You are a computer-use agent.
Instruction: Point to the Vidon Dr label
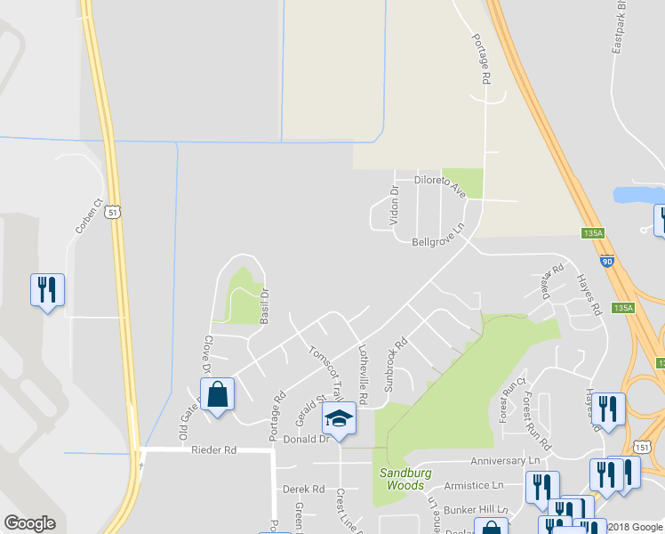tap(395, 205)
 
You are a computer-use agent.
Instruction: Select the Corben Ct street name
tap(89, 216)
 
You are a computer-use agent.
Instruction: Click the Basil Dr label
tap(263, 304)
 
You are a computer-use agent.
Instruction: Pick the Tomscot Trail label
tap(325, 371)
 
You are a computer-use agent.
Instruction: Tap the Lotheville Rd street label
tap(362, 371)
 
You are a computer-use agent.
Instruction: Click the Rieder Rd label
tap(213, 450)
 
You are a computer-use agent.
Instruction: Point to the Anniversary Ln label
tap(505, 460)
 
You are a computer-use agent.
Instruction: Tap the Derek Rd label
tap(303, 489)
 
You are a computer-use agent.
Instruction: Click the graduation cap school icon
tap(339, 417)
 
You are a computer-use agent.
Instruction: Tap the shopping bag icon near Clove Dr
tap(217, 394)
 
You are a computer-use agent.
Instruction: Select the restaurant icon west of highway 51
tap(47, 289)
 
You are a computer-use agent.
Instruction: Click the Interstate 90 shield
tap(606, 263)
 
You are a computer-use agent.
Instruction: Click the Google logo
tap(30, 523)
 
